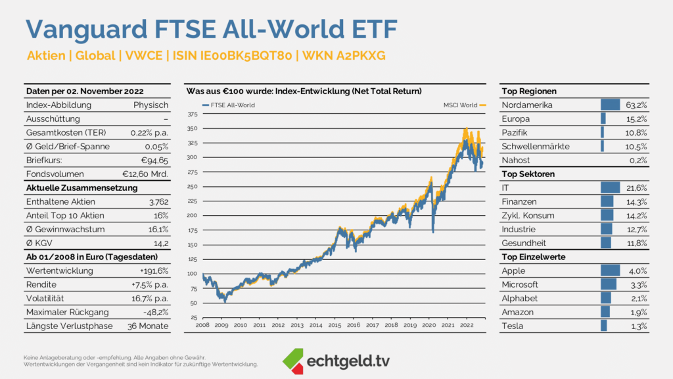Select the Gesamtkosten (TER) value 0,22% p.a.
point(149,133)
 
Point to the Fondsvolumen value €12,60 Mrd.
point(146,174)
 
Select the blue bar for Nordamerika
point(611,105)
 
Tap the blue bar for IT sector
point(611,188)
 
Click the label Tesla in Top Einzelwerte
point(512,326)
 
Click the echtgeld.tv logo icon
point(293,359)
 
